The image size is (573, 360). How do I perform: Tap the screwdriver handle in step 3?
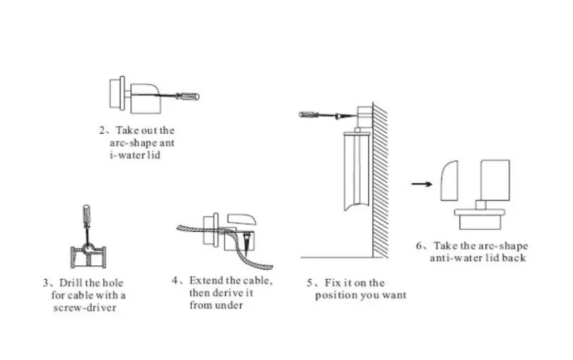click(86, 215)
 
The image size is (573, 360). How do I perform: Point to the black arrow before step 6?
click(422, 184)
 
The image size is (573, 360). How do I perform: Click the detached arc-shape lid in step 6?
click(450, 181)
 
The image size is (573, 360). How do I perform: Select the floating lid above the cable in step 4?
click(241, 219)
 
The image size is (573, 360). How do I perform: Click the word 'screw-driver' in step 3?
click(85, 308)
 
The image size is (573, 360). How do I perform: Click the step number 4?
click(175, 281)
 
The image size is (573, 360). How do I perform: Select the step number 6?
click(419, 245)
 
